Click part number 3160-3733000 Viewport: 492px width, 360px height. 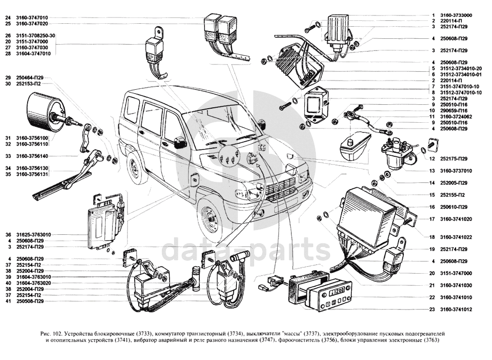[x=456, y=15]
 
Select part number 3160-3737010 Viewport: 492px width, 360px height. [x=456, y=171]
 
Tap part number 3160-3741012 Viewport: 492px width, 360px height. [x=456, y=310]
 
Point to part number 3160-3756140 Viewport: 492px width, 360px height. [x=32, y=156]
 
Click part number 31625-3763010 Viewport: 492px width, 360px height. [x=33, y=235]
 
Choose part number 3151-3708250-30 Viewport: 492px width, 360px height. [x=36, y=35]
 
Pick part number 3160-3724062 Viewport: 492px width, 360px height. [x=456, y=116]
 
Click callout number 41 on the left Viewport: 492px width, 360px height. [x=8, y=301]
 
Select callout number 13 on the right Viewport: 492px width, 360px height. [x=432, y=171]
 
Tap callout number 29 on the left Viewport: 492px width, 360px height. [x=8, y=78]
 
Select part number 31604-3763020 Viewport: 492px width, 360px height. [x=33, y=283]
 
